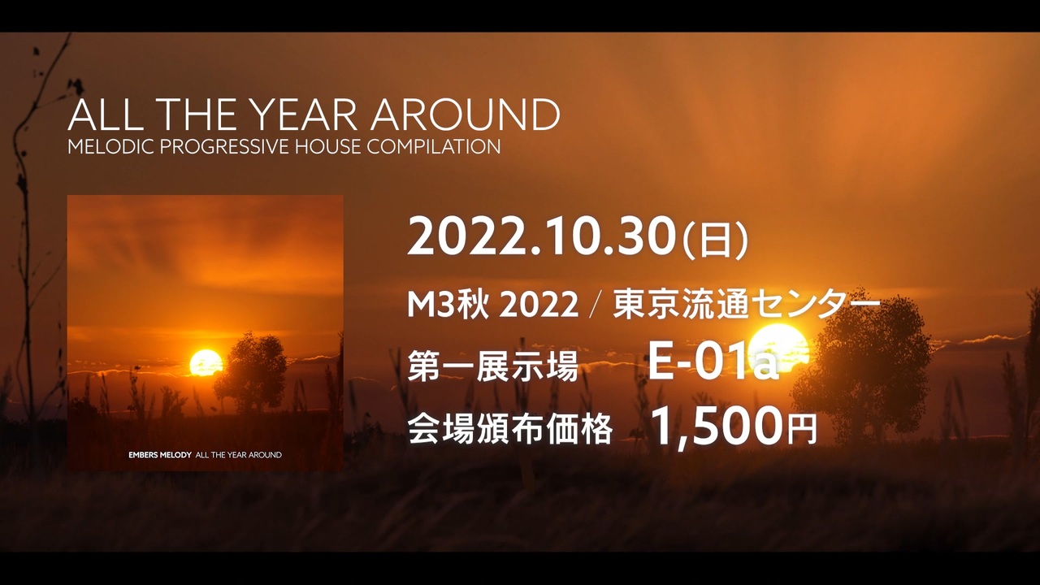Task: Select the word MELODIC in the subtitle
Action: tap(102, 148)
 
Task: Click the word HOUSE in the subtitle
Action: tap(324, 148)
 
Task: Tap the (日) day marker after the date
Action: tap(715, 240)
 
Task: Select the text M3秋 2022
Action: tap(492, 305)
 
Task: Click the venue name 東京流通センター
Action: tap(747, 305)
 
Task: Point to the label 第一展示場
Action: tap(492, 367)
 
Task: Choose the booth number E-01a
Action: tap(713, 365)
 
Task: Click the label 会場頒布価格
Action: tap(509, 430)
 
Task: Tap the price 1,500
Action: tap(716, 428)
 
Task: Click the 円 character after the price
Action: tap(802, 431)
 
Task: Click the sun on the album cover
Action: tap(206, 363)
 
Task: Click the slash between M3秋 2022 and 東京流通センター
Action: tap(596, 306)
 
